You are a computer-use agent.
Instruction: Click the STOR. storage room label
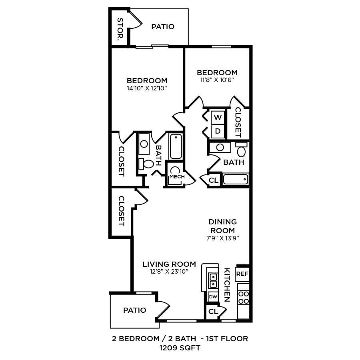pos(120,30)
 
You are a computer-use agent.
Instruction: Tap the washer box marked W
pos(218,118)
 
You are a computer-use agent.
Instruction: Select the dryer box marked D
pos(218,131)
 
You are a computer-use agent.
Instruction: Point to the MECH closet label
pos(177,176)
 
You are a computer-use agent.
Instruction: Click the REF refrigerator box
pos(242,274)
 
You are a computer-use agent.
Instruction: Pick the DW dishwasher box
pos(213,297)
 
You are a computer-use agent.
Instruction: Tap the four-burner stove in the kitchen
pos(244,298)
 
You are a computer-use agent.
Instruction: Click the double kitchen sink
pos(213,280)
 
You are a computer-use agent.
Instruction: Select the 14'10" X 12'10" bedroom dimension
pos(147,88)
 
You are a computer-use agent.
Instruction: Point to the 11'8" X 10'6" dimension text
pos(217,80)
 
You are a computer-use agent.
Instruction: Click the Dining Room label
pos(223,226)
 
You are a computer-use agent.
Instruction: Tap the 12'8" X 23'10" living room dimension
pos(169,272)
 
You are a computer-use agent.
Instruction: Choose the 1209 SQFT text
pos(180,348)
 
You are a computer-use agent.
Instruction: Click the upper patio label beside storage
pos(163,27)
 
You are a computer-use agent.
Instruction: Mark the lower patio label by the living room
pos(134,310)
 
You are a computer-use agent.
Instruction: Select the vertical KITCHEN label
pos(227,284)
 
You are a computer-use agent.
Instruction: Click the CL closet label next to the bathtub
pos(214,180)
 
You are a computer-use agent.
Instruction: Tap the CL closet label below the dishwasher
pos(213,311)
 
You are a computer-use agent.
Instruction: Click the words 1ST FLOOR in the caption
pos(227,339)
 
